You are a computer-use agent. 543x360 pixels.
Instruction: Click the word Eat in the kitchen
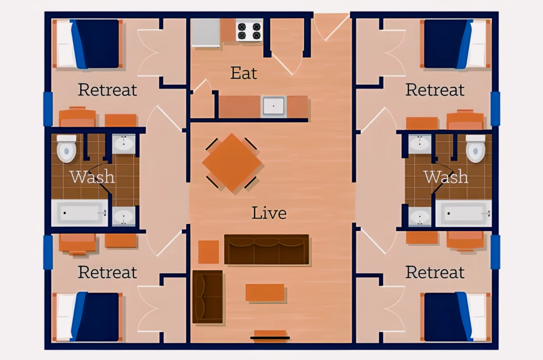pos(243,73)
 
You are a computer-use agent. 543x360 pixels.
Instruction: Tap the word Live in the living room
pos(269,213)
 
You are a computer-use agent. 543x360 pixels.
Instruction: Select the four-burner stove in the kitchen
pos(249,30)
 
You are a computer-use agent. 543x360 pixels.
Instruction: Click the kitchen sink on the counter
pos(274,106)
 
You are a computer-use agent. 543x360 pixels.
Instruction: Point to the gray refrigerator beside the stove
pos(205,33)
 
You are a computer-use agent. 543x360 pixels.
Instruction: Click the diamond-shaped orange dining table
pos(232,163)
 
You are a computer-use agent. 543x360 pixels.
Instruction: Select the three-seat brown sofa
pos(267,250)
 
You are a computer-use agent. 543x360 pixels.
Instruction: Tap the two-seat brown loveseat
pos(208,297)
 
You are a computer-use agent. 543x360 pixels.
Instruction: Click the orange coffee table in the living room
pos(265,293)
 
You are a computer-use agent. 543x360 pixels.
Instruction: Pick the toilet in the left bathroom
pos(67,149)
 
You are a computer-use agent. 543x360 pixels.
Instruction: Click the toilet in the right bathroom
pos(476,149)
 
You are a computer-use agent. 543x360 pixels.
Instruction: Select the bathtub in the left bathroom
pos(80,213)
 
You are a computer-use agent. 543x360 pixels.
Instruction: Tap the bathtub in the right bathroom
pos(463,213)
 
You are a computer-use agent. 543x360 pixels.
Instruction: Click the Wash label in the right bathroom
pos(446,177)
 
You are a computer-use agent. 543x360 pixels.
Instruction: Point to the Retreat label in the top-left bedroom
pos(107,90)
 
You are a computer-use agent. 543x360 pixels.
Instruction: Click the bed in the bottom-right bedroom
pos(456,317)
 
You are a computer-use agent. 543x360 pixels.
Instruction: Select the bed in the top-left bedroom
pos(87,43)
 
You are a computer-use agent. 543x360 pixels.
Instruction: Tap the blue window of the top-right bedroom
pos(495,109)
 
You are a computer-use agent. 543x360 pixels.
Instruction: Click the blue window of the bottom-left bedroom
pos(48,252)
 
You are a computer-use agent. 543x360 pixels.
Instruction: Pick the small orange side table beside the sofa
pos(209,252)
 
